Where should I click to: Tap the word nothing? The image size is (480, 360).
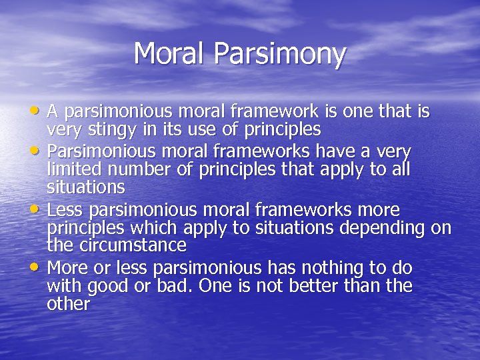click(x=330, y=269)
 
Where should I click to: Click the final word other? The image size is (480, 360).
click(x=68, y=303)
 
